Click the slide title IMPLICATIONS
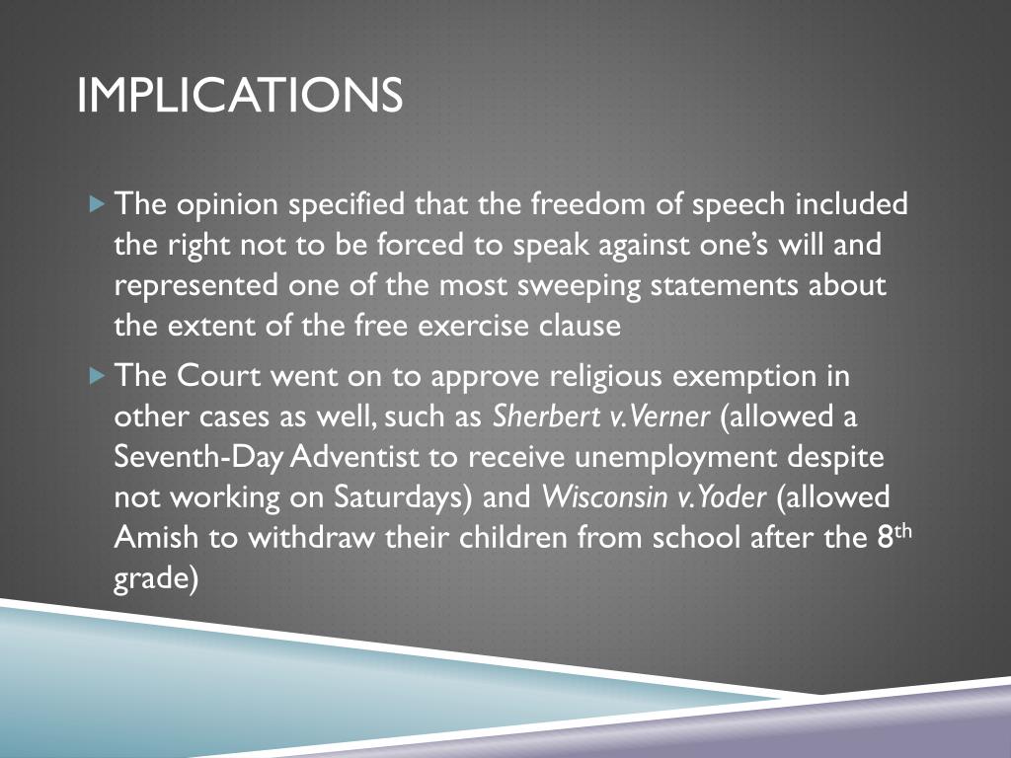240,96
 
